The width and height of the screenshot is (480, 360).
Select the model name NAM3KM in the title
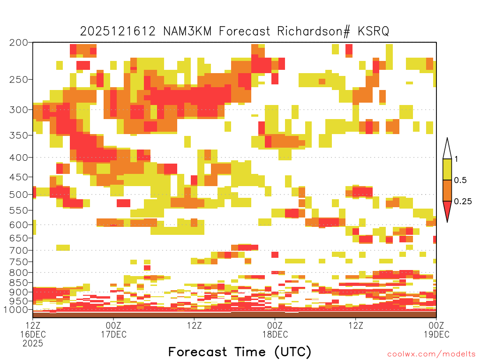187,31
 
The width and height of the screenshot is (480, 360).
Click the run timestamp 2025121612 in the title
118,31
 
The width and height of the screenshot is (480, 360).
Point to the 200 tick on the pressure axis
19,43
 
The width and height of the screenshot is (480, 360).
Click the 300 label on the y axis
19,110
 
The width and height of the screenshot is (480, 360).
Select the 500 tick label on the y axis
19,195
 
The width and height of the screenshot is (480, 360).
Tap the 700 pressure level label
19,250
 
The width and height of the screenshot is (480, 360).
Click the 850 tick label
19,283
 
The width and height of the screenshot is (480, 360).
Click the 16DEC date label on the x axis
33,334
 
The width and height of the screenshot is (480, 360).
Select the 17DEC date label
113,334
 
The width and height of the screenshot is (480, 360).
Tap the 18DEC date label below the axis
275,334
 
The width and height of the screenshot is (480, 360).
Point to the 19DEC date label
436,334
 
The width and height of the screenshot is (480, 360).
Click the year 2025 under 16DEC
33,344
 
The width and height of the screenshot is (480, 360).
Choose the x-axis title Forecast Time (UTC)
240,352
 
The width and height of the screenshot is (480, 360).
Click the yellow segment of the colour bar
447,169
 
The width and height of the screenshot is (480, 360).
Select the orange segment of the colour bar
447,190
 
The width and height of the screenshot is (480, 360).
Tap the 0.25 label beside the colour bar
463,201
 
